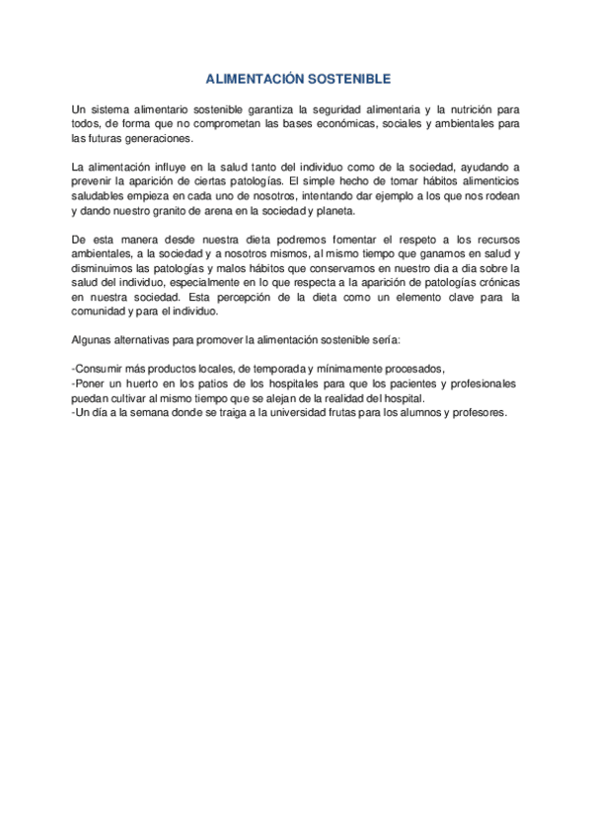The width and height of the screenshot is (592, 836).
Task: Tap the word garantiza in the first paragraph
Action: tap(257, 108)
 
